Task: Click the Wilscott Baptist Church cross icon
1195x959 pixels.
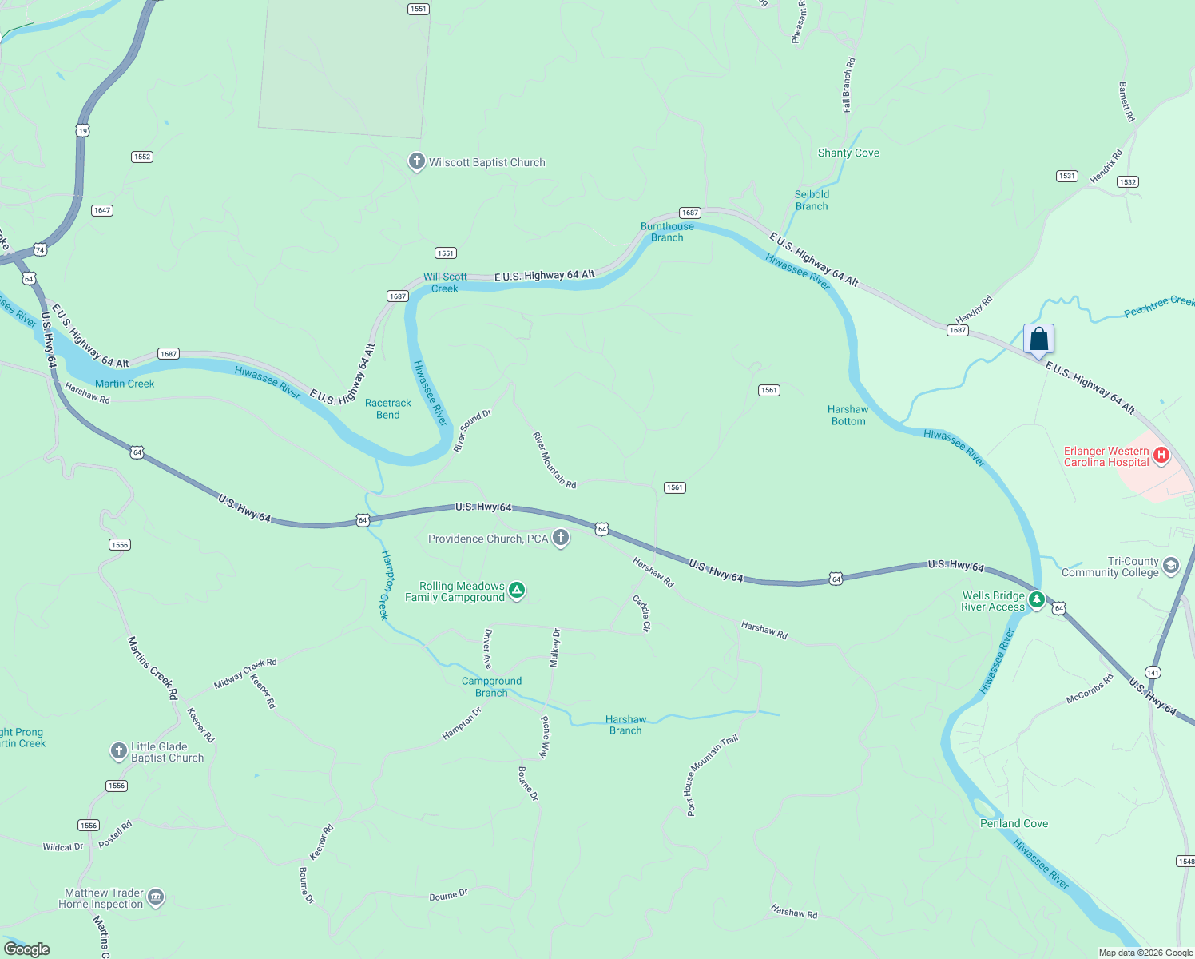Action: coord(416,161)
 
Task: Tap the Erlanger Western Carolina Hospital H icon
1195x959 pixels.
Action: coord(1161,456)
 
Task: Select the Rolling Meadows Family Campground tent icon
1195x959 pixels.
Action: coord(517,591)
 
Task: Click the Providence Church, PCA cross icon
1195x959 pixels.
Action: coord(561,538)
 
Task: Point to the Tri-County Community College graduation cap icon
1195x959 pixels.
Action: coord(1171,566)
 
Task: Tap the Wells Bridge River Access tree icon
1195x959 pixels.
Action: coord(1036,599)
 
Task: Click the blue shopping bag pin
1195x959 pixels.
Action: coord(1038,340)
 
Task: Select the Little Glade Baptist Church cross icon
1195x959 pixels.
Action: coord(118,750)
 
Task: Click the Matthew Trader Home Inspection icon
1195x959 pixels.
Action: coord(156,897)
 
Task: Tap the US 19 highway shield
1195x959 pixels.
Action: coord(83,130)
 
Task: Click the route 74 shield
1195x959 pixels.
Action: coord(40,250)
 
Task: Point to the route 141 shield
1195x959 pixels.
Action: coord(1153,672)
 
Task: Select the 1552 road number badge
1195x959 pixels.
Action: coord(142,157)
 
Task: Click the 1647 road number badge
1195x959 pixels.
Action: coord(102,211)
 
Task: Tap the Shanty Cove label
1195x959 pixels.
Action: coord(848,153)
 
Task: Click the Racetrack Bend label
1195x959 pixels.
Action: coord(388,408)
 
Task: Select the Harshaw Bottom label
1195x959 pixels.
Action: coord(848,416)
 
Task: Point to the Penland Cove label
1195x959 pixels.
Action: coord(1014,824)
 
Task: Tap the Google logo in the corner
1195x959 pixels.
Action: coord(27,949)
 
